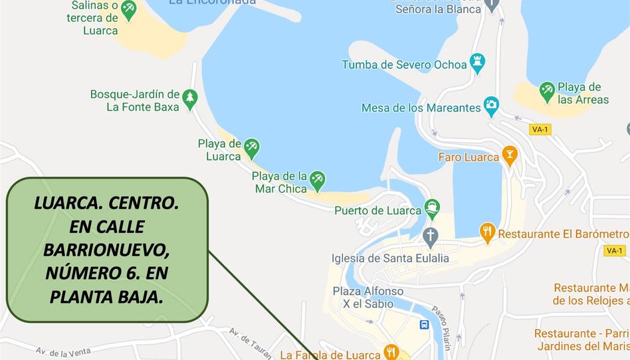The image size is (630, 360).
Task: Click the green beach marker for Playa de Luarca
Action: [251, 147]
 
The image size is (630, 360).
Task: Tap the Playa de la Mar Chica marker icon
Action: [318, 179]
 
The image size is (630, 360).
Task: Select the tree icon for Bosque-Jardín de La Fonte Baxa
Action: [190, 99]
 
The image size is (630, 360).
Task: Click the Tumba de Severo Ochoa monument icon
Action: [477, 62]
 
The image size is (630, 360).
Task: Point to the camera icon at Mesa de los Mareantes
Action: [491, 105]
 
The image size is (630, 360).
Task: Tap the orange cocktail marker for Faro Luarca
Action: [510, 155]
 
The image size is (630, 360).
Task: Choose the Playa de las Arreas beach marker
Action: [547, 91]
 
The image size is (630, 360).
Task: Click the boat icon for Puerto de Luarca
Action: [432, 208]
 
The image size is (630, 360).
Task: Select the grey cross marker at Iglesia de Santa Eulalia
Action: [431, 236]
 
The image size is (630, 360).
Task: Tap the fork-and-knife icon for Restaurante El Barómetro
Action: [488, 232]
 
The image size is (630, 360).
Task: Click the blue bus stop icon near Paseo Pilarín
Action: [424, 324]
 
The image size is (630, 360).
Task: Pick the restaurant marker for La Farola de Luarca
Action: [391, 351]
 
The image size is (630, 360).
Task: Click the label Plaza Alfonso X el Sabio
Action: [367, 298]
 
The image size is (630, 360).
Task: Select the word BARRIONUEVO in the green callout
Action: [106, 250]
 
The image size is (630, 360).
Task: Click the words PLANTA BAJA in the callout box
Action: [106, 296]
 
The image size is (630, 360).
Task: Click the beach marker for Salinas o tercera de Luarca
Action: [128, 9]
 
